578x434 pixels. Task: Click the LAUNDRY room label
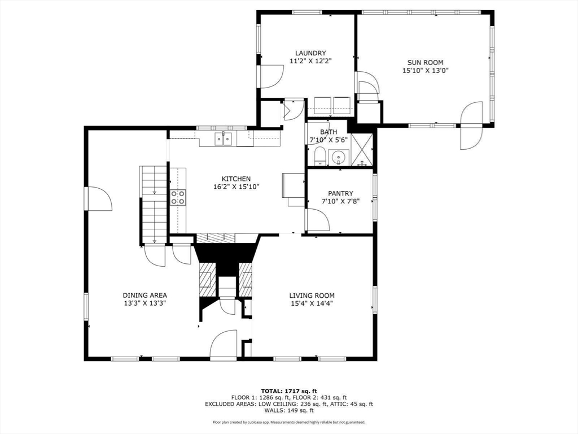tap(310, 53)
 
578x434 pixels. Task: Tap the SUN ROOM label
tap(425, 62)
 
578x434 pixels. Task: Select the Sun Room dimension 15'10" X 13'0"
tap(425, 71)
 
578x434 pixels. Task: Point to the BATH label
tap(328, 132)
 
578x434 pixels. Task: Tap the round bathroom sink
tap(338, 158)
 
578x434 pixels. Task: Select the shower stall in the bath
tap(362, 150)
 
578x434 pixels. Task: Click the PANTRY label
tap(340, 193)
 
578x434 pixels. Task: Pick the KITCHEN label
tap(236, 179)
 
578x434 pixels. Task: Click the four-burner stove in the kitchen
tap(178, 197)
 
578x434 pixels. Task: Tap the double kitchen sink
tap(224, 138)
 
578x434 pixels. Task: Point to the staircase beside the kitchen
tap(154, 205)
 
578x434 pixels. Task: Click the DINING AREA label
tap(145, 295)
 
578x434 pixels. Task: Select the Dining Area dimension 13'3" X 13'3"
tap(145, 303)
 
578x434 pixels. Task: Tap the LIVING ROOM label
tap(312, 295)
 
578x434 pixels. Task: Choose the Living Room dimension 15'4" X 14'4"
tap(312, 303)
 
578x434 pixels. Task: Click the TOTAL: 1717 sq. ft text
tap(288, 391)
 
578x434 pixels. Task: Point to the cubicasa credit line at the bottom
tap(289, 422)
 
